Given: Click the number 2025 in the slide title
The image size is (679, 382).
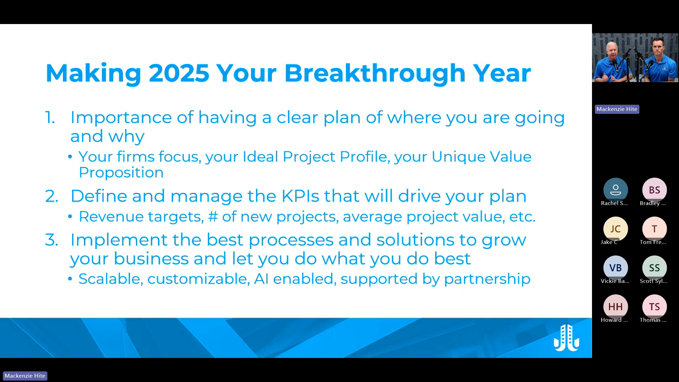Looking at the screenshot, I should [179, 73].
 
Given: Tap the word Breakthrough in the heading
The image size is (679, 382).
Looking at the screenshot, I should [375, 73].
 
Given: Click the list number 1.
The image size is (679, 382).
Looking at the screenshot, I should [50, 118].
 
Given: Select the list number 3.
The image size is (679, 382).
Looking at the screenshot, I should [51, 240].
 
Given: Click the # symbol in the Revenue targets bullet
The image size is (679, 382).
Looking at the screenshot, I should [213, 217].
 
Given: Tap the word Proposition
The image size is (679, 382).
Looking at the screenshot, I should [121, 173].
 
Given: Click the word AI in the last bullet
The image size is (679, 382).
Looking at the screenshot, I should [261, 279].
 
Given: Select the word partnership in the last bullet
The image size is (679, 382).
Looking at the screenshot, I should [487, 279].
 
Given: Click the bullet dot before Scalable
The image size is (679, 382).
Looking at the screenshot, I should [70, 279].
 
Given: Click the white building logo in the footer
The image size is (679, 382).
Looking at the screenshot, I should [566, 338].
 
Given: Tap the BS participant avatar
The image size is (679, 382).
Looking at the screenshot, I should [654, 190].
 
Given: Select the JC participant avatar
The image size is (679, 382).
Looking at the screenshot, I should [615, 229].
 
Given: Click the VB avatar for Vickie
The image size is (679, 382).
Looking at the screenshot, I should [615, 268].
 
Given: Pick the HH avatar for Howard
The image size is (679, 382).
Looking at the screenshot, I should [615, 307].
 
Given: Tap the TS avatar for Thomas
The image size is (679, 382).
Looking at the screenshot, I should [654, 307].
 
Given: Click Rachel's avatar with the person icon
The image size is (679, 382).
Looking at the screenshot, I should [615, 190].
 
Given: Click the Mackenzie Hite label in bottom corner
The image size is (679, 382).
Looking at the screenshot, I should [25, 376].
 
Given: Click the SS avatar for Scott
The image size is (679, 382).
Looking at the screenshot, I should [654, 268].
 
